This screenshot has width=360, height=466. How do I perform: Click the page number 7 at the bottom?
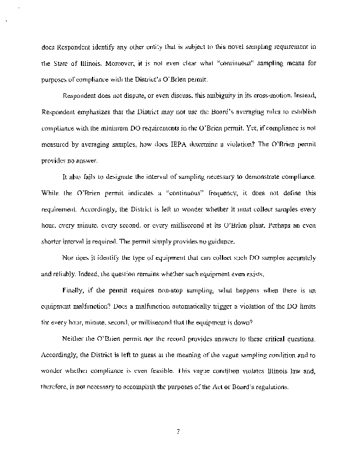point(179,432)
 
